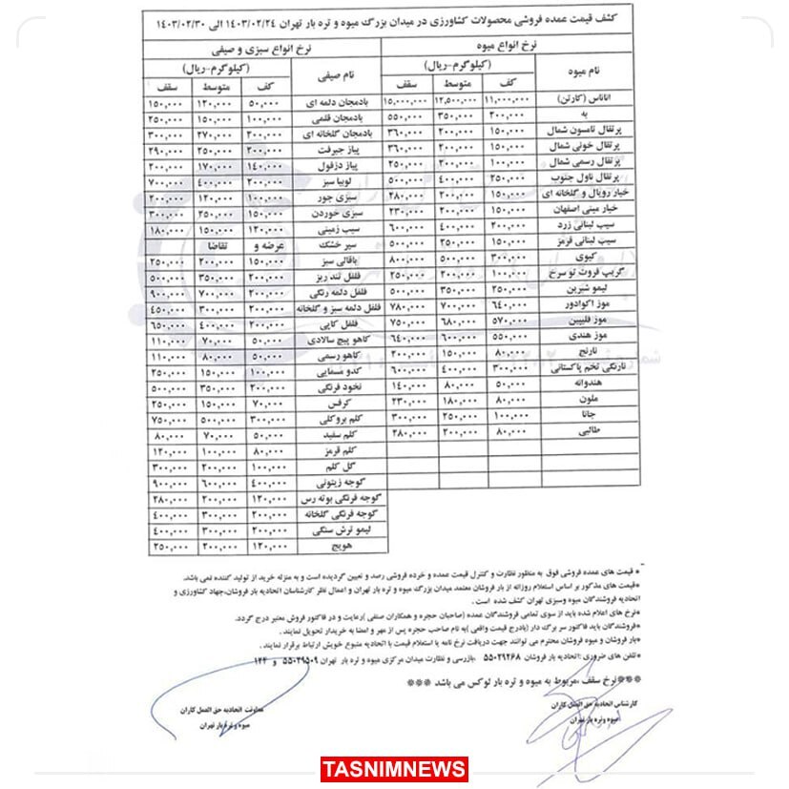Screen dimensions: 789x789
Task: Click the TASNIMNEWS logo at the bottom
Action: (394, 768)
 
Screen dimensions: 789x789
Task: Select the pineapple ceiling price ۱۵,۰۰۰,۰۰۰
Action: (405, 99)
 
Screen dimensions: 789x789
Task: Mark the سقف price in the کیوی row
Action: (405, 259)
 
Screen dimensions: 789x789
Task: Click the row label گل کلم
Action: (353, 467)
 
